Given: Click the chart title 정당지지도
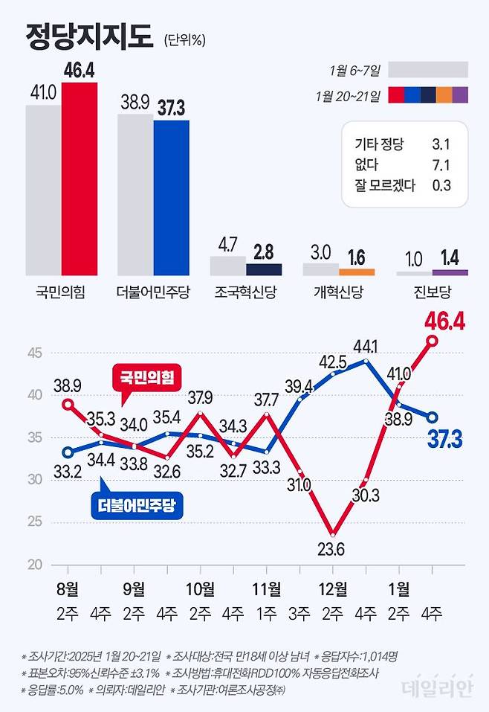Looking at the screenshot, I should pos(88,36).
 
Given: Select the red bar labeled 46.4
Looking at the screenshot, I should pos(79,179).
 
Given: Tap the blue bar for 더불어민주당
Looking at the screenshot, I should pos(171,197).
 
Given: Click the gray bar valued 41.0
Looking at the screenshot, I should pos(43,190).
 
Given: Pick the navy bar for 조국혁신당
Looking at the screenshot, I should pos(264,269).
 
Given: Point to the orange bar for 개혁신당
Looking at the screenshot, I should pos(357,272).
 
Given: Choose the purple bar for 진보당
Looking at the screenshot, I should pos(450,273).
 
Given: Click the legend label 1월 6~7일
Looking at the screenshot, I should pos(355,71).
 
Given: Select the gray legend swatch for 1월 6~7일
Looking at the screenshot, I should pos(428,70).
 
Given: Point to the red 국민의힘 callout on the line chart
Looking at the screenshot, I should pos(146,378).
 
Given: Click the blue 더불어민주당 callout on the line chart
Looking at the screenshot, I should pos(141,507).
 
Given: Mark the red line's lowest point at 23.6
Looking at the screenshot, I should pos(334,534).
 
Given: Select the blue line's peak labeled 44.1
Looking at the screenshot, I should pos(366,361).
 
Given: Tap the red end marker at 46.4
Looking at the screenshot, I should pos(432,341).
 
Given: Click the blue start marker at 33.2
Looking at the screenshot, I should pos(68,452).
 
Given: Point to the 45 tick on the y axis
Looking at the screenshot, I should pos(35,353).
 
